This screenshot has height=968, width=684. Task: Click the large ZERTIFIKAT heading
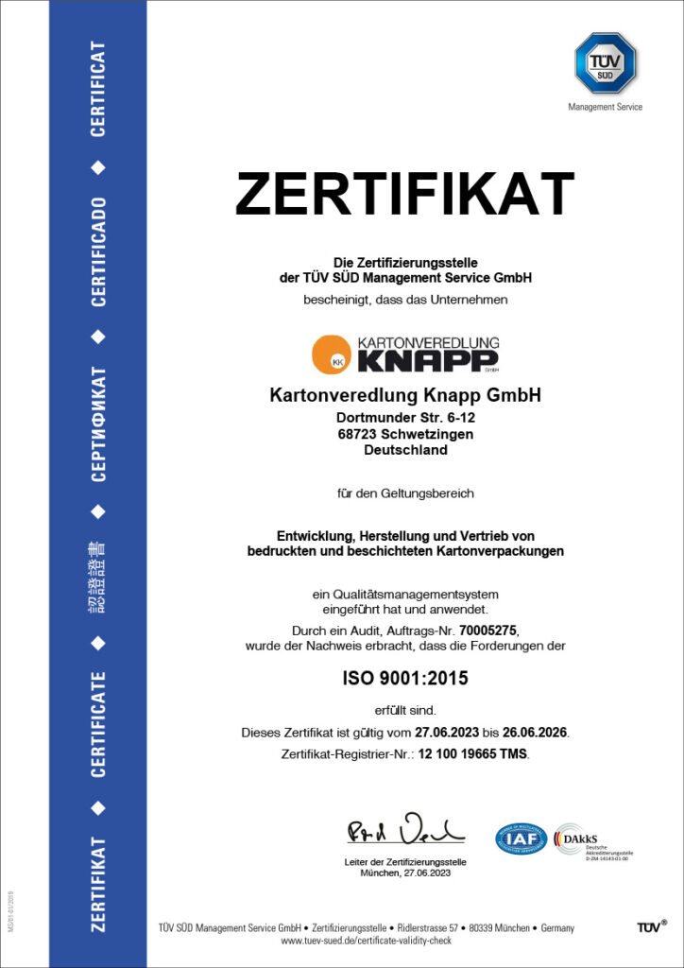pos(404,194)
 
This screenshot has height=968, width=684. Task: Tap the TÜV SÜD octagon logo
pos(606,62)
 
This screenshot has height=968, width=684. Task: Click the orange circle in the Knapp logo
pos(332,354)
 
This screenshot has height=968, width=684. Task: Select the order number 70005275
pos(490,629)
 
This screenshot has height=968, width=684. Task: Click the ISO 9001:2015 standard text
pos(405,678)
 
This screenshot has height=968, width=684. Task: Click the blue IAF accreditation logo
pos(522,838)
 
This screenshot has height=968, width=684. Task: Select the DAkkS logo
pos(573,838)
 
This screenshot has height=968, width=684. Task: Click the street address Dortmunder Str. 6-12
pos(405,418)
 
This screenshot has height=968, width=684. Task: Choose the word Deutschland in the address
pos(405,450)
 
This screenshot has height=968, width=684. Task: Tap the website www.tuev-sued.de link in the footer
pos(367,942)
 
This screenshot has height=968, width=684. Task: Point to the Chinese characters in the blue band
pos(98,578)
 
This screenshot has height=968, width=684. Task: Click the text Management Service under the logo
pos(605,107)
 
